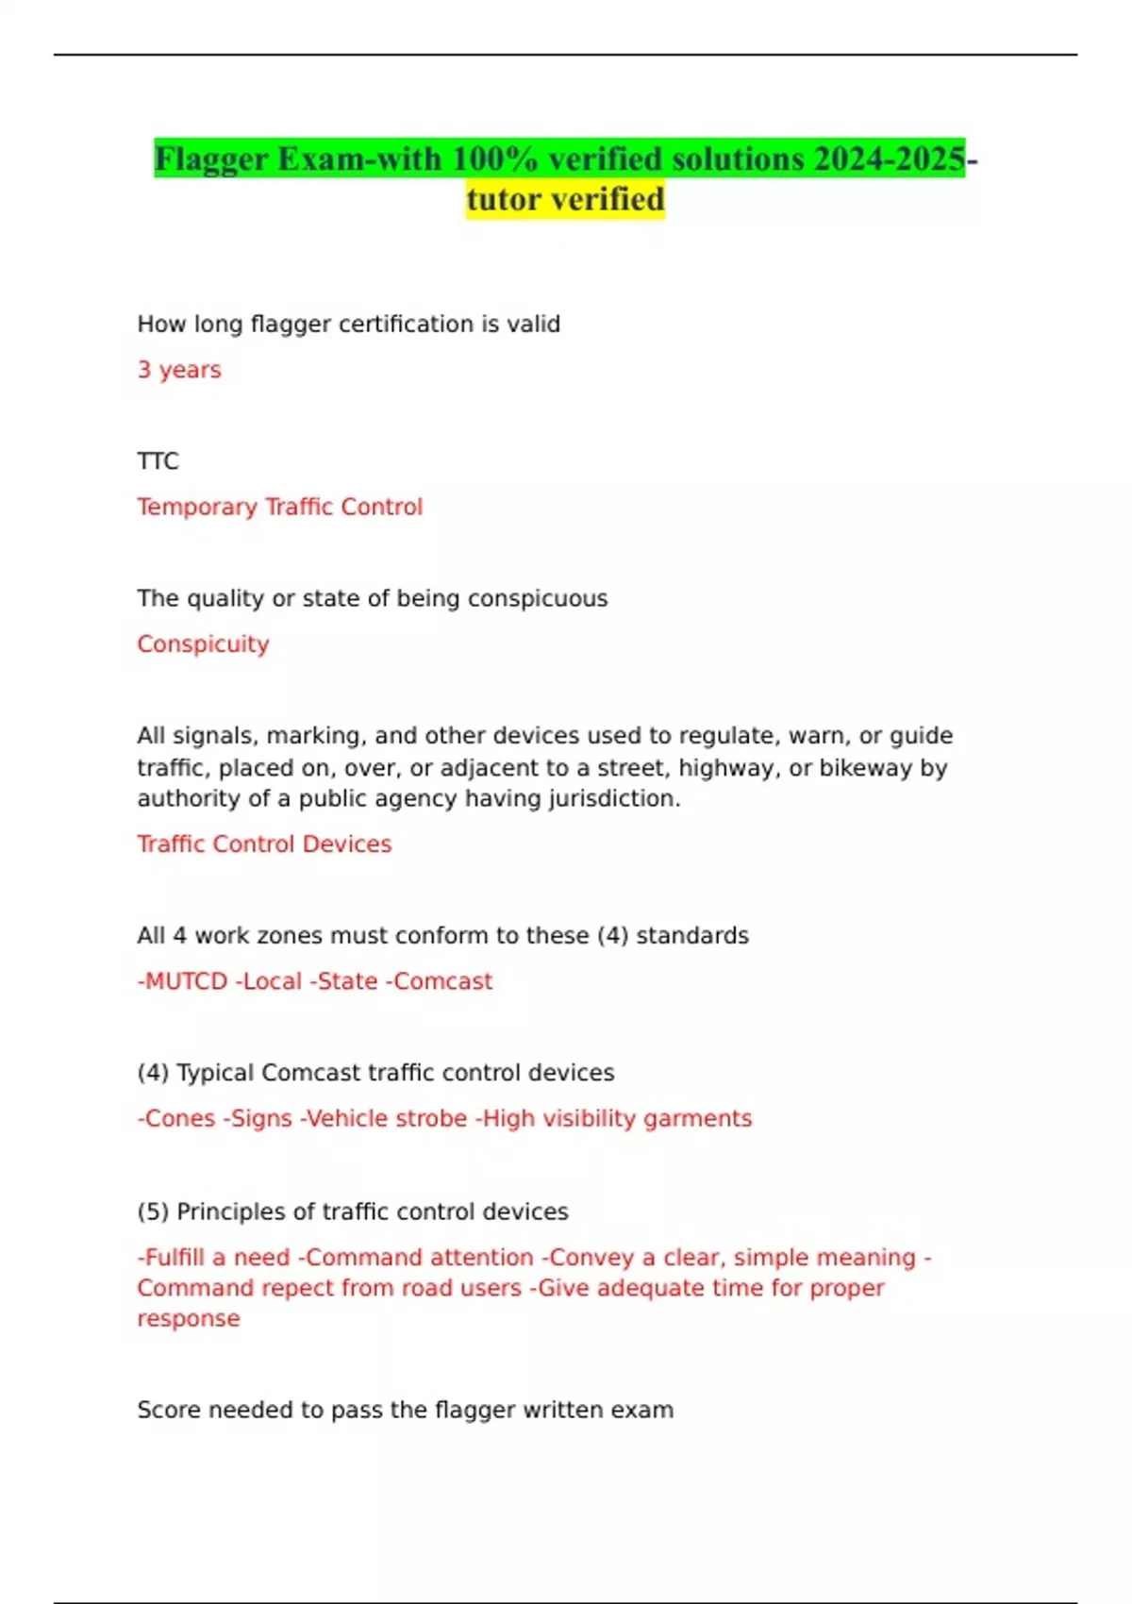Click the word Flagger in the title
[x=212, y=159]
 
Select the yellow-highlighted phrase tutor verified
[x=565, y=200]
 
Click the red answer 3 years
[x=179, y=370]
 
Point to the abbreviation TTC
[x=158, y=461]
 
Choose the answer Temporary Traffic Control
[x=279, y=508]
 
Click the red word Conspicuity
[x=203, y=644]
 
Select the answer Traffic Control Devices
[x=264, y=844]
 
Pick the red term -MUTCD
[x=182, y=982]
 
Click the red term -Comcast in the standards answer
[x=439, y=982]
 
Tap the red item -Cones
[x=176, y=1119]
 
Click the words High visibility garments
[x=614, y=1119]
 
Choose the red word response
[x=189, y=1319]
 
